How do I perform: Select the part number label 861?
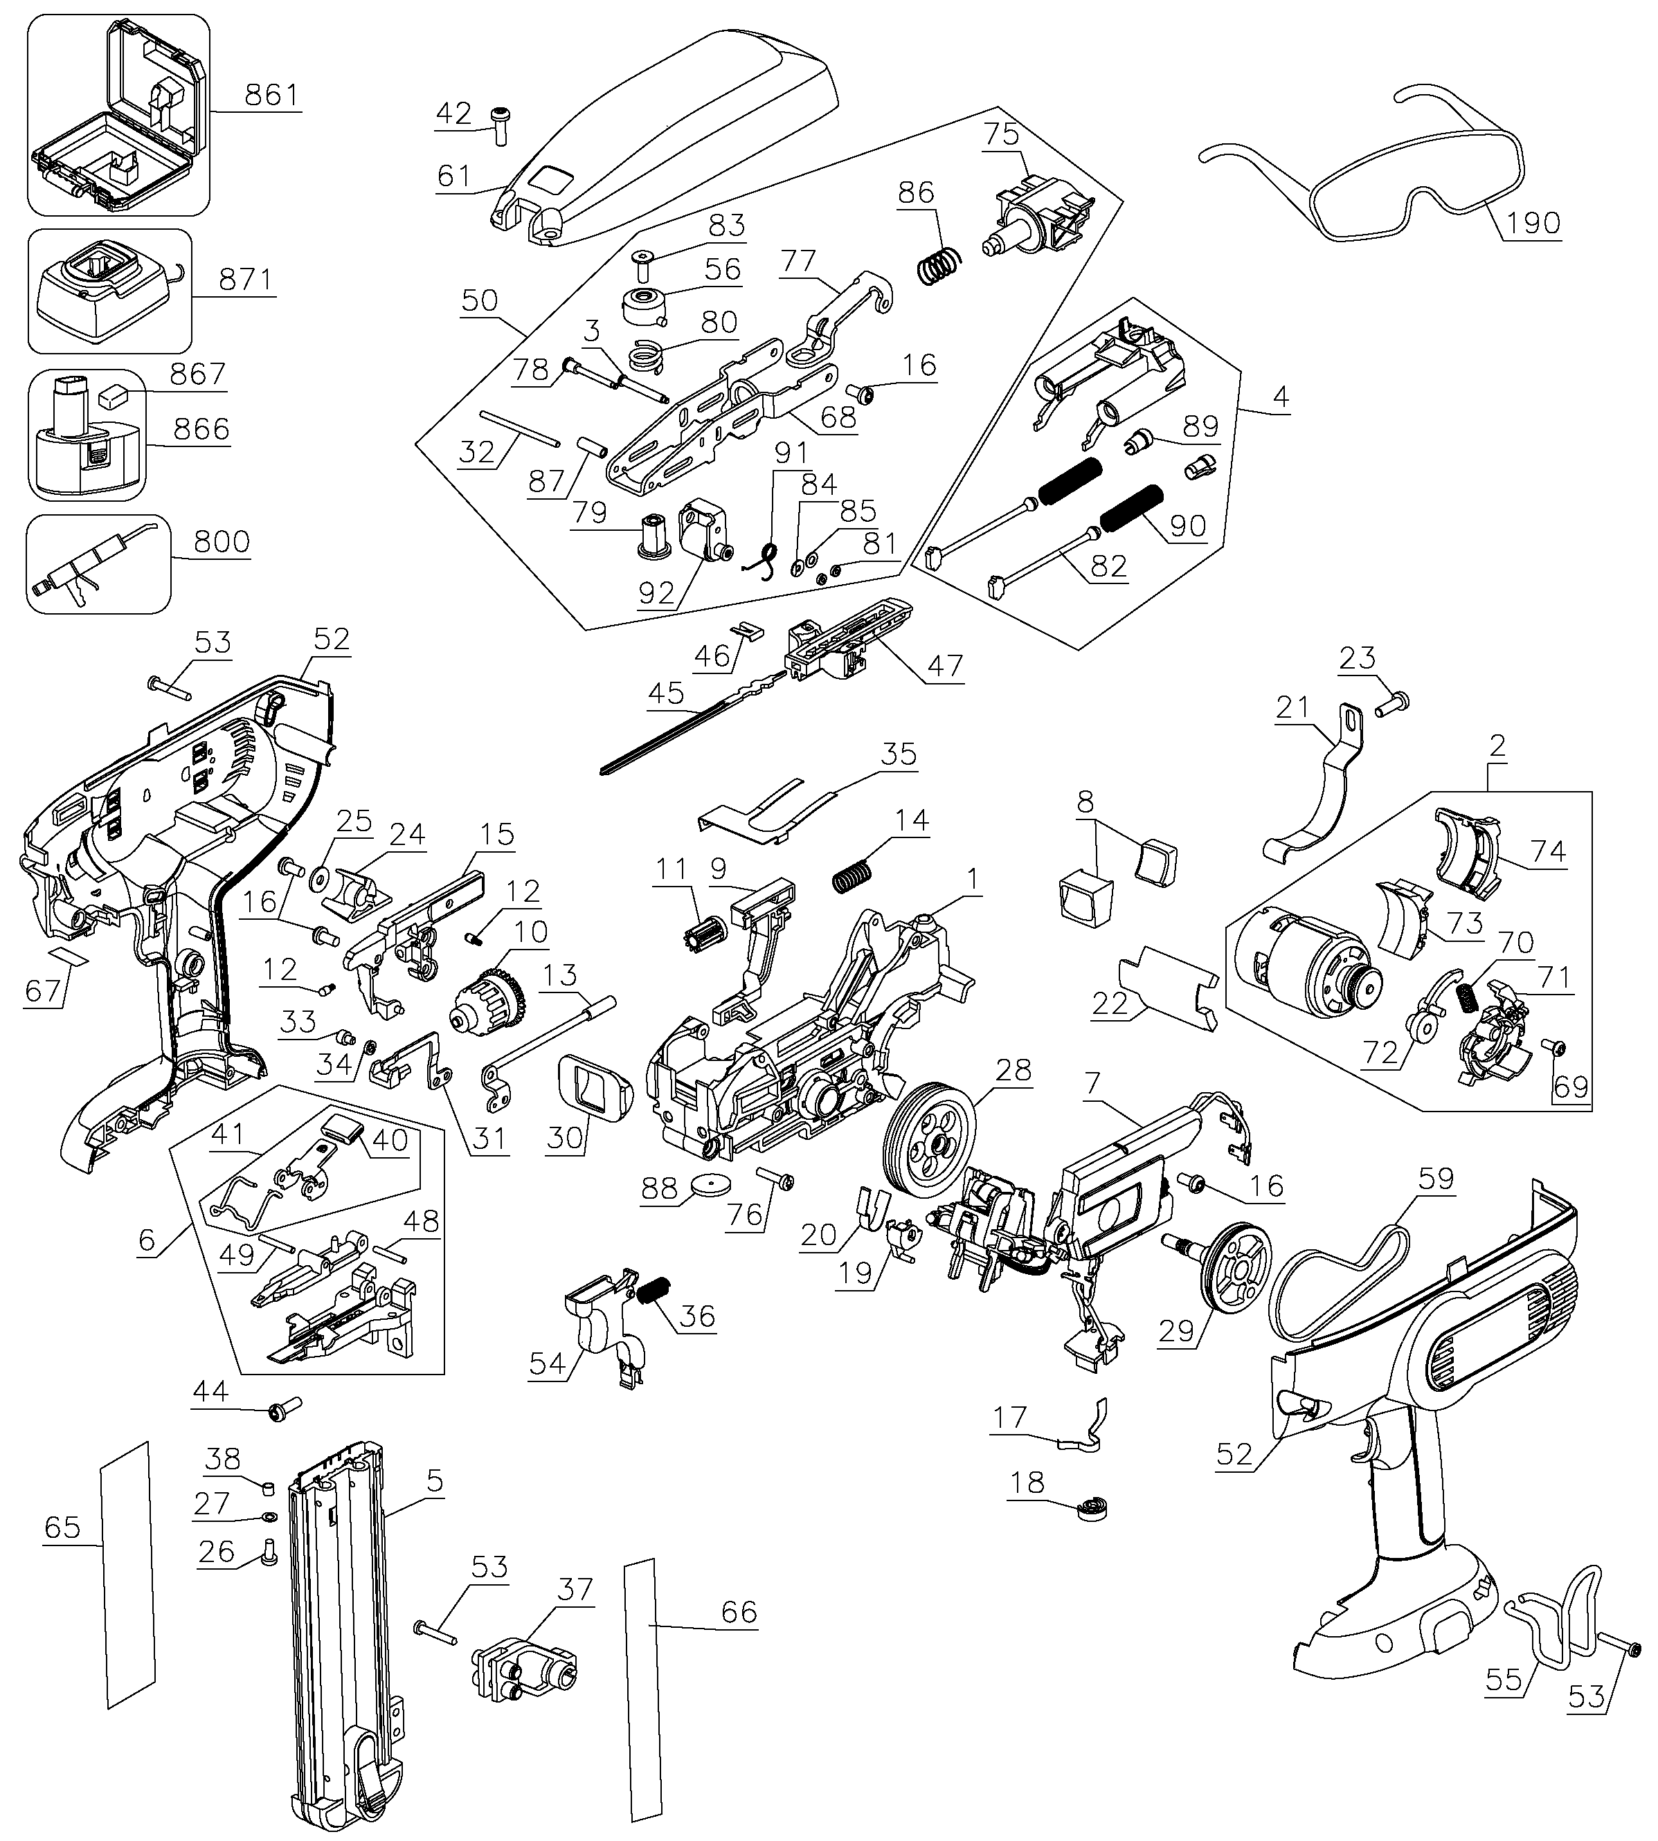271,95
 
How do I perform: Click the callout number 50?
479,300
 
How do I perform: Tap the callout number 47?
945,666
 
